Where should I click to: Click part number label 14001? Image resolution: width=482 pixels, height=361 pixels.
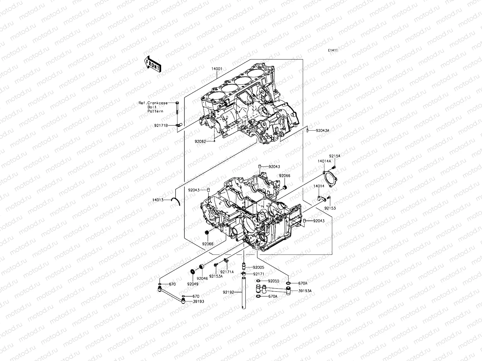217,69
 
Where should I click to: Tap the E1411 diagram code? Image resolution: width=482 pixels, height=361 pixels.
333,51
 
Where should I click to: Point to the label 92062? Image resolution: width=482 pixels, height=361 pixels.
201,141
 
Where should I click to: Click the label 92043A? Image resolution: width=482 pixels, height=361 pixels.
323,131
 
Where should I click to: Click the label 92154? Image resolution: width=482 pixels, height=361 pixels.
334,156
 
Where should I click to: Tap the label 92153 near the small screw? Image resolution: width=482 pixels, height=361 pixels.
330,208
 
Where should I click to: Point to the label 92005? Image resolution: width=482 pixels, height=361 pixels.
258,267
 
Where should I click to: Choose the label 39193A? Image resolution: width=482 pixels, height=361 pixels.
305,291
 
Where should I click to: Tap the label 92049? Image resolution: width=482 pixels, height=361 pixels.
192,284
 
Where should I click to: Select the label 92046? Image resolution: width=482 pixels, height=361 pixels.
202,278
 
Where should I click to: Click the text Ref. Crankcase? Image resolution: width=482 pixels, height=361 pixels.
153,103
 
